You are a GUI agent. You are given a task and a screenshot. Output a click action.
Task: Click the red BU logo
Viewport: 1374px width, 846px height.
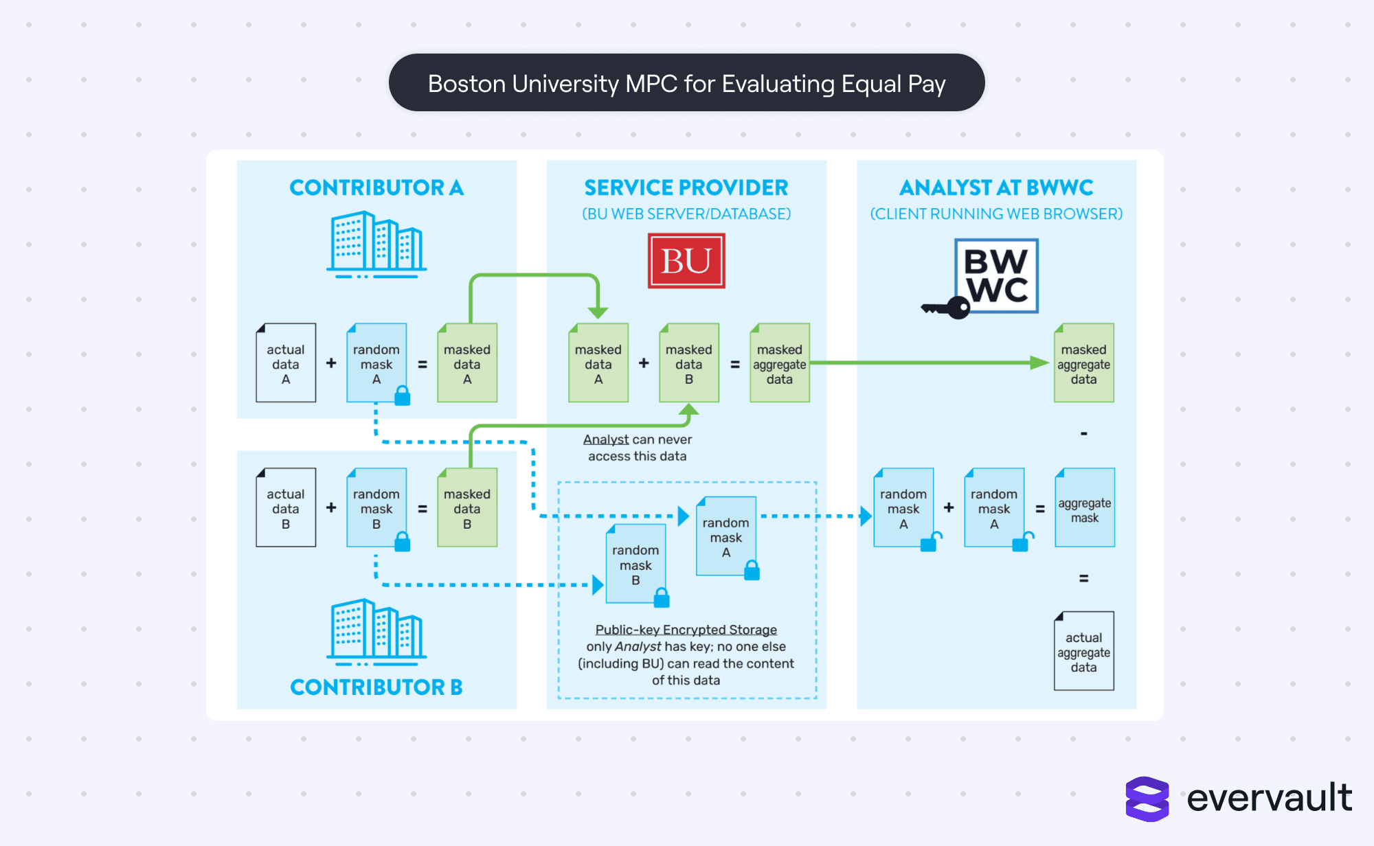[686, 261]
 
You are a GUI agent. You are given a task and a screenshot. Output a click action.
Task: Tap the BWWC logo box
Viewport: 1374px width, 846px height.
[996, 276]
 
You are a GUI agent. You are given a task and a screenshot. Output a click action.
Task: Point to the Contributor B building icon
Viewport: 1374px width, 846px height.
[376, 632]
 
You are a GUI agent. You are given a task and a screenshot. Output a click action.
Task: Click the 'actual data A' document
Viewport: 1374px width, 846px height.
[286, 363]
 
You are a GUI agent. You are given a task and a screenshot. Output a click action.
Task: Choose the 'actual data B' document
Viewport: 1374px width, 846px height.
[286, 508]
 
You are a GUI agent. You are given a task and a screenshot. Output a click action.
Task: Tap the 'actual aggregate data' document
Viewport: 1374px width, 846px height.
[1083, 651]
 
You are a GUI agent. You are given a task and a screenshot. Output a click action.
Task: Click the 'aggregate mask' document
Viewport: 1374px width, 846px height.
[1084, 508]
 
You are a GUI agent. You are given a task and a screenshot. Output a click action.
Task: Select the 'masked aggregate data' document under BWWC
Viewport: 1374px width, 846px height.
[1083, 363]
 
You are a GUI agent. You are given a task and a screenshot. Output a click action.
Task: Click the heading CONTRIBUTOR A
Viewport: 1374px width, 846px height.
[376, 187]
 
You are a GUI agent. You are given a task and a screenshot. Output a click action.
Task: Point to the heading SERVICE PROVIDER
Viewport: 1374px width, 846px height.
[686, 187]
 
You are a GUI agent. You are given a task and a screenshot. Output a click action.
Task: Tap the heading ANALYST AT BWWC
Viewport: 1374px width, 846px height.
[996, 187]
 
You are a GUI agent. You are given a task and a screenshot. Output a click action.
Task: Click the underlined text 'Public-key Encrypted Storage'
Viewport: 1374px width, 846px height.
[686, 630]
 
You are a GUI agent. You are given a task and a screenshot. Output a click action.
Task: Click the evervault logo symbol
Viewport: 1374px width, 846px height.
[1147, 799]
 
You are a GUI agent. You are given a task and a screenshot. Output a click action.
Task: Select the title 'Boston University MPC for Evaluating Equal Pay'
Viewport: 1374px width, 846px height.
[686, 83]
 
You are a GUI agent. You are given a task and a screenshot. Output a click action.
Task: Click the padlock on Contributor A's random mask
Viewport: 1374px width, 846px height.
[403, 396]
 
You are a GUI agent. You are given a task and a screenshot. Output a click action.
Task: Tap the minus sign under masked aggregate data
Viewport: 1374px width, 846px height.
[1083, 434]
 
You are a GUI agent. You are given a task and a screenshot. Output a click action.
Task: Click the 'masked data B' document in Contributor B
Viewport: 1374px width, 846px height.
[467, 508]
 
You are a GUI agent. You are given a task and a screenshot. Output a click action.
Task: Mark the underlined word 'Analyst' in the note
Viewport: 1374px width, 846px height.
[606, 439]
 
